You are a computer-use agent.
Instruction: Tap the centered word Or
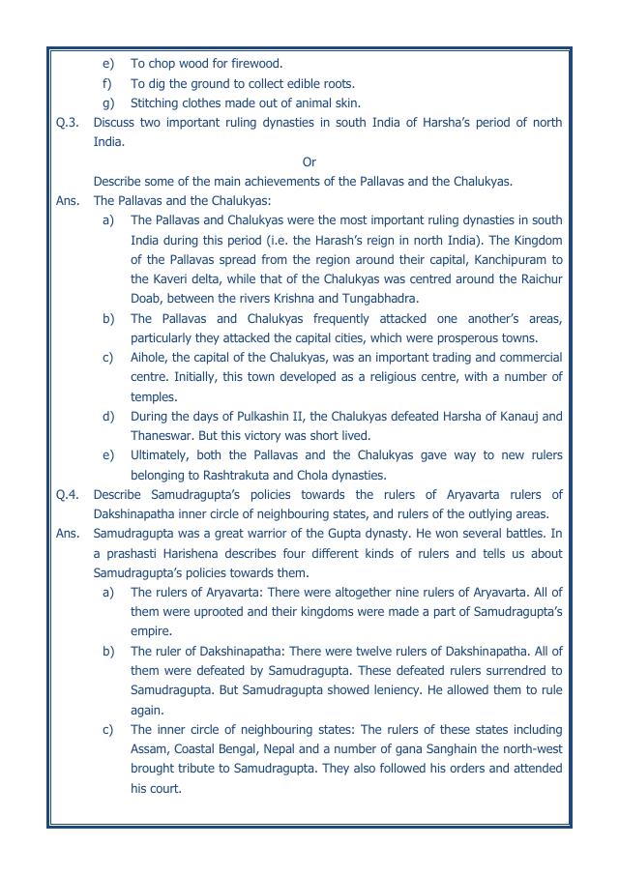pyautogui.click(x=309, y=161)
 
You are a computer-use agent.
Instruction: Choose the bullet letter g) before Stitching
pyautogui.click(x=108, y=102)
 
